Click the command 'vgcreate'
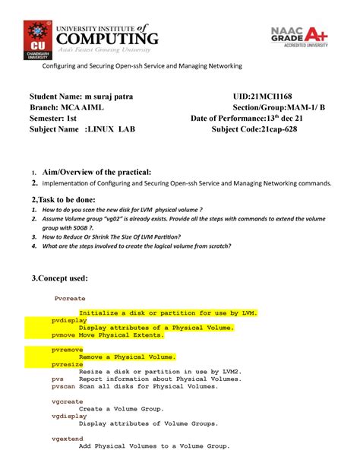click(67, 401)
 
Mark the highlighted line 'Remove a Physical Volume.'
click(128, 357)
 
